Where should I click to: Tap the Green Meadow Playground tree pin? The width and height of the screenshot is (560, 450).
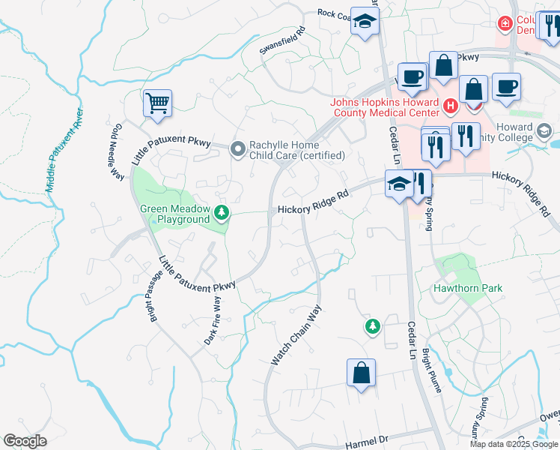coord(222,214)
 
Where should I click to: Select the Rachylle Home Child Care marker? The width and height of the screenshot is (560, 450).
coord(238,150)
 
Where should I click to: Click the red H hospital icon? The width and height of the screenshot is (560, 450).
coord(450,106)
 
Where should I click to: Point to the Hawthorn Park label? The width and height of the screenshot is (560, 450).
coord(468,288)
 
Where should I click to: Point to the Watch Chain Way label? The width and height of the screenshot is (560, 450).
coord(296,335)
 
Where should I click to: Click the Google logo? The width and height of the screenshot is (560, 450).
coord(25,441)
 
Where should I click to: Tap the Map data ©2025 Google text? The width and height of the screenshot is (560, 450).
coord(513,444)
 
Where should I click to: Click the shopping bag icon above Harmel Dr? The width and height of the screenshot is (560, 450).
coord(361,373)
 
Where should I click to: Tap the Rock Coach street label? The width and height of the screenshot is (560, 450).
coord(334,14)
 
